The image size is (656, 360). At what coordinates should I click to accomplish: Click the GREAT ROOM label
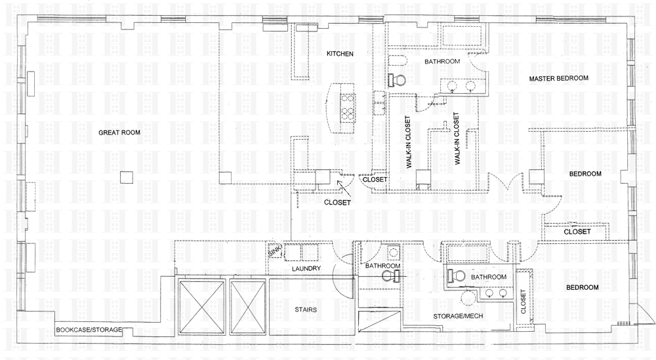tap(119, 132)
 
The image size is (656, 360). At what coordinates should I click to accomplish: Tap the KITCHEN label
tap(340, 54)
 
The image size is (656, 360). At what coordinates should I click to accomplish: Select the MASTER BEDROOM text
tap(558, 78)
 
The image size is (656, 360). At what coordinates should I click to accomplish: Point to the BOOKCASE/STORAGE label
tap(89, 329)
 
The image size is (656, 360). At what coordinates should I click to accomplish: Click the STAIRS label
tap(306, 310)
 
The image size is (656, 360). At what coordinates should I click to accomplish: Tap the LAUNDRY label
tap(306, 268)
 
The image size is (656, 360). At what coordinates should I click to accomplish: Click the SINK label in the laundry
tap(274, 251)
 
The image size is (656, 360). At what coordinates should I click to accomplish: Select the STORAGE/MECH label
tap(458, 316)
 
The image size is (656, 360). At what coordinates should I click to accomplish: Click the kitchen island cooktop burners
tap(347, 108)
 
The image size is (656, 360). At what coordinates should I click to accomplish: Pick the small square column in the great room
tap(127, 177)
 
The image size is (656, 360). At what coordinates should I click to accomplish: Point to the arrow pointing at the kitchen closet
tap(344, 188)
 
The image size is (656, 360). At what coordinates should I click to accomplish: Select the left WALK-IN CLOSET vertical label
tap(408, 142)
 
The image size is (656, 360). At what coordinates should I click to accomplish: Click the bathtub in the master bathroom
tap(464, 35)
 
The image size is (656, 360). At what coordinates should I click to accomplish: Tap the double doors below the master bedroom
tap(507, 182)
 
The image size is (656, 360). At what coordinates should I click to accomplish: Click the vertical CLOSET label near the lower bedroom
tap(523, 302)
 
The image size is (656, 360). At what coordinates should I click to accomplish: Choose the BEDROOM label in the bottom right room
tap(582, 288)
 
